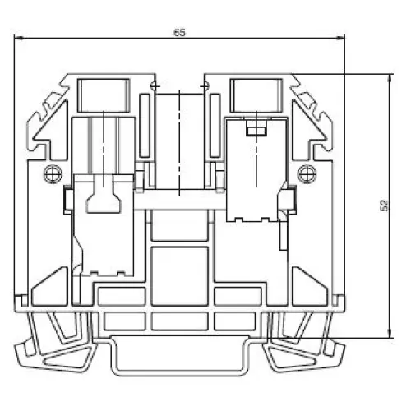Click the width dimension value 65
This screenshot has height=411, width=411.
180,33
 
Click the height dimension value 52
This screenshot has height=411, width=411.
385,205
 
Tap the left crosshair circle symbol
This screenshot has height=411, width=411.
53,174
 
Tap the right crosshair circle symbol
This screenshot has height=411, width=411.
307,174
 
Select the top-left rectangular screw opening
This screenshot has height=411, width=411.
104,95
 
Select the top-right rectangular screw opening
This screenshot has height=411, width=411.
256,95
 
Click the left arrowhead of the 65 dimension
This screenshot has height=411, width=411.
19,39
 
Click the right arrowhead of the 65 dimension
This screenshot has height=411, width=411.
339,39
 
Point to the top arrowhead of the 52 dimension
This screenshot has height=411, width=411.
390,79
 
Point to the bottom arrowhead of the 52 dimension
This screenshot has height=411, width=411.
390,333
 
